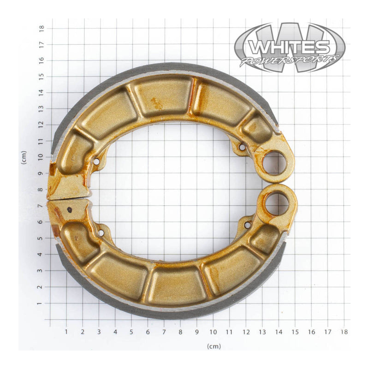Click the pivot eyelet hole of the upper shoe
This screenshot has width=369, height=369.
274,163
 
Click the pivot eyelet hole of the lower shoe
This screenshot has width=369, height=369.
277,203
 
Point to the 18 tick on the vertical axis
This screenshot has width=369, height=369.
42,28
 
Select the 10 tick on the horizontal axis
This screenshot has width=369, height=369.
213,331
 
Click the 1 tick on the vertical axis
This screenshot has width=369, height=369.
42,304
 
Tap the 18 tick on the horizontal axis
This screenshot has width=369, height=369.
344,331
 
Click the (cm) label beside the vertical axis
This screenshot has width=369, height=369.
24,158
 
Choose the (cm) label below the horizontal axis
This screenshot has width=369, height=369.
214,346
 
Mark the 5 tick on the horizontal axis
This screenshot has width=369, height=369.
131,331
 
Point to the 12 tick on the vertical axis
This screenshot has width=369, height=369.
42,125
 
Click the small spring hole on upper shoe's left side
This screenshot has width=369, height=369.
96,161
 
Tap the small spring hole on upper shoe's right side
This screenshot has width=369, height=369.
242,147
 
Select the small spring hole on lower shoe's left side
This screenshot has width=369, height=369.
101,232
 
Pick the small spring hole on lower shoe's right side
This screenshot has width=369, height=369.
248,225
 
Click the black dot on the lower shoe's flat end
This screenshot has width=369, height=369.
70,210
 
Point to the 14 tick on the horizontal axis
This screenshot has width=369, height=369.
279,331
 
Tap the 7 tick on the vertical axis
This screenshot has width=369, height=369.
42,206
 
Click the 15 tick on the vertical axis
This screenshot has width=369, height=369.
42,76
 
